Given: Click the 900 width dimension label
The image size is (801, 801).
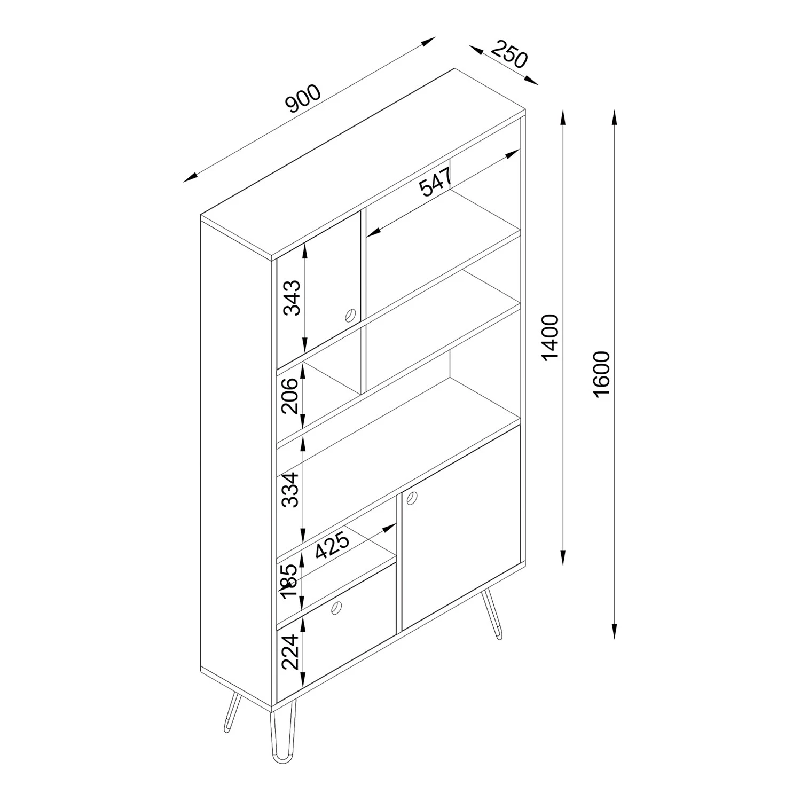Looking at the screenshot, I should point(304,99).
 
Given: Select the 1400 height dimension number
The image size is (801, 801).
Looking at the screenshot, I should point(550,337).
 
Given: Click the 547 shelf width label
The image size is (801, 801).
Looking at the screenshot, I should point(435,182).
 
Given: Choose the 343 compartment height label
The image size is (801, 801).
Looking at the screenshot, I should point(292,297).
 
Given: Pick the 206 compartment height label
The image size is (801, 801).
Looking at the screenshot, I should point(291,396).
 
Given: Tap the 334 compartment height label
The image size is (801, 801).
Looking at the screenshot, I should point(291,489).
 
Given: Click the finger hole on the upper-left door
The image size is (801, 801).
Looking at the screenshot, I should point(350,315).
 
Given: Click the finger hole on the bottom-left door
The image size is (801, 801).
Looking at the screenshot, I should point(337,607).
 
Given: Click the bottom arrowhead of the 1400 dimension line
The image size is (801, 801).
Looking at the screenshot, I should point(563,558).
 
